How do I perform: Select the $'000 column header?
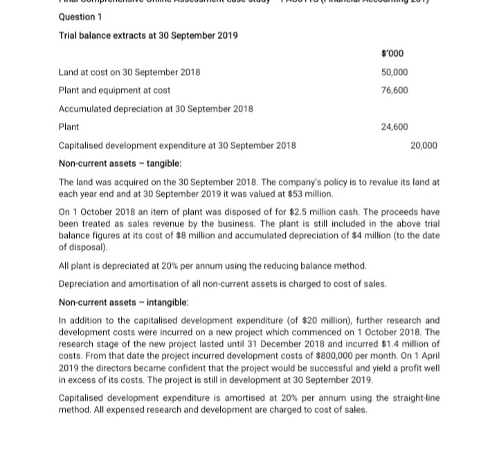[x=392, y=54]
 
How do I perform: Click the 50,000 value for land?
[x=394, y=72]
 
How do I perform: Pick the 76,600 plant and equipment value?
[x=394, y=90]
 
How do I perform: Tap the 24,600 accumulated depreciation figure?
[x=394, y=126]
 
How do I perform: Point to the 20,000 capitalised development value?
[x=424, y=145]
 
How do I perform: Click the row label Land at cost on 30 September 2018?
[x=129, y=72]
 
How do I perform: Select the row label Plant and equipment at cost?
[x=114, y=90]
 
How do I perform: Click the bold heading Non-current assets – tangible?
[x=120, y=163]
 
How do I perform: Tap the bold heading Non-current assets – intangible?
[x=123, y=302]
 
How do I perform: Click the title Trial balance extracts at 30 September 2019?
[x=148, y=35]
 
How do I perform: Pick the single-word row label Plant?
[x=69, y=126]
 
